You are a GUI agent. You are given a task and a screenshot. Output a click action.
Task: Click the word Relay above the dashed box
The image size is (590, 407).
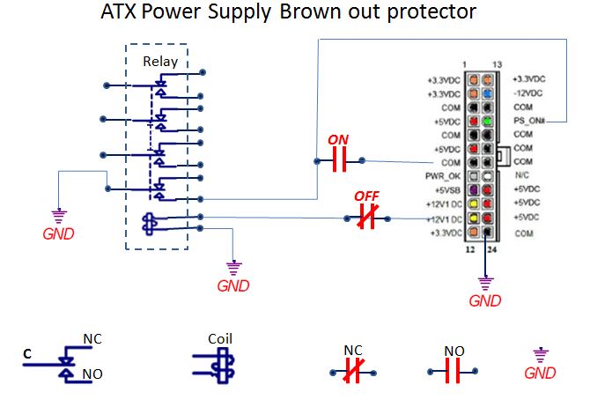(x=160, y=62)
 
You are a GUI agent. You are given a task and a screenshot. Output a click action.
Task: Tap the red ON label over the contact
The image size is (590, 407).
(x=336, y=140)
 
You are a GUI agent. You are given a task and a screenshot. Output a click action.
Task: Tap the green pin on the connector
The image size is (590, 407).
(x=486, y=121)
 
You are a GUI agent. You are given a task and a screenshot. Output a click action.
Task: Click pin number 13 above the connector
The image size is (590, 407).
(x=499, y=66)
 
